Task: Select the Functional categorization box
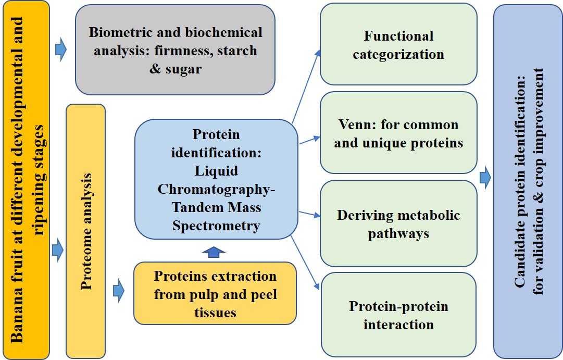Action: (398, 45)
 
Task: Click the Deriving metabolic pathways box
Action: (398, 224)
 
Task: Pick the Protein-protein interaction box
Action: (398, 315)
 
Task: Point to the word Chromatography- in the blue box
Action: (216, 189)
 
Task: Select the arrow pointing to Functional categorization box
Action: (307, 83)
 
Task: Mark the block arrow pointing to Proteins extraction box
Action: (119, 291)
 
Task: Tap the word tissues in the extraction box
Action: (215, 312)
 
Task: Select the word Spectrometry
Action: (216, 226)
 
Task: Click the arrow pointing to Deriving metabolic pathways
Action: (310, 213)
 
